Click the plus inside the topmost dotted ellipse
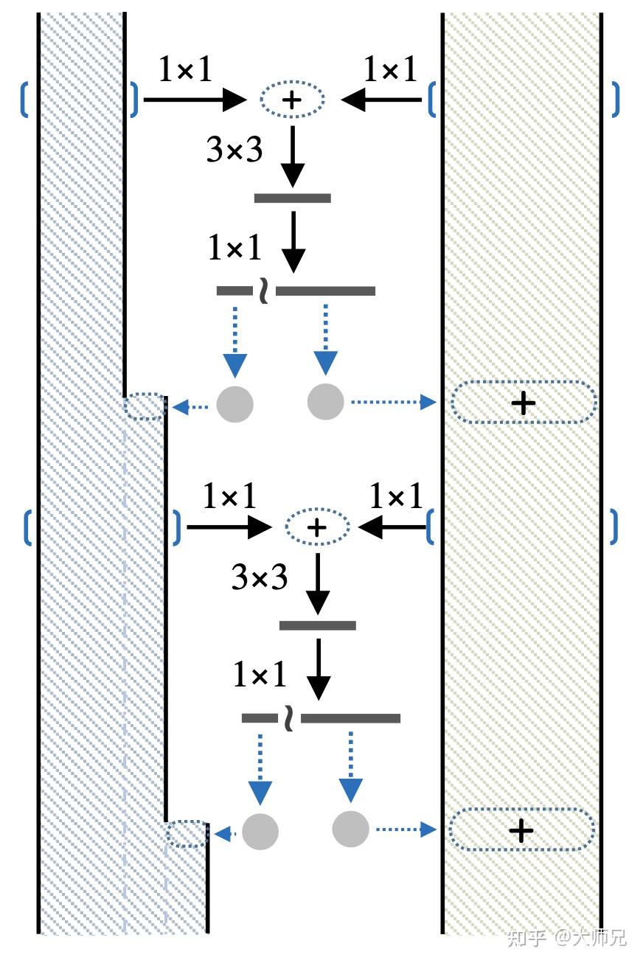coord(292,99)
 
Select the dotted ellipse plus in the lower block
coord(317,526)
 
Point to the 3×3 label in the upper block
coord(234,150)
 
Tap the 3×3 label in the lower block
coord(260,577)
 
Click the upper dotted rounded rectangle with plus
coord(523,403)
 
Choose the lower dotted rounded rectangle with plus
coord(521,830)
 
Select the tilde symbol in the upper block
coord(264,291)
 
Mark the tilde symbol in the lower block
coord(289,719)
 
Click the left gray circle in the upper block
coord(234,404)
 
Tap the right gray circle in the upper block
coord(325,402)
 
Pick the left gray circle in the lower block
coord(260,832)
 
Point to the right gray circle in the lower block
coord(350,829)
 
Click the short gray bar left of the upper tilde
coord(234,291)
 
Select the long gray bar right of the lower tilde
coord(350,718)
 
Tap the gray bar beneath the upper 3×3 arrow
coord(292,198)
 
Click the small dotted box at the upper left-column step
coord(145,406)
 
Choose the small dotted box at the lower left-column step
coord(187,834)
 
